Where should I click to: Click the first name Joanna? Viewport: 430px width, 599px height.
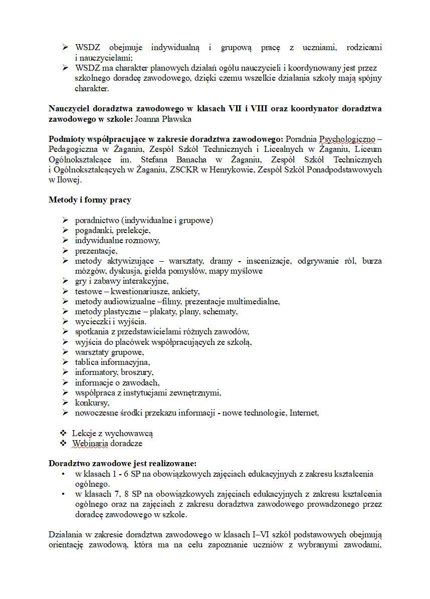(x=148, y=120)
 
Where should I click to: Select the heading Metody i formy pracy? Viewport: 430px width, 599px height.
(x=90, y=200)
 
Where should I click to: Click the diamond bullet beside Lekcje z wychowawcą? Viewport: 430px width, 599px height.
(x=63, y=433)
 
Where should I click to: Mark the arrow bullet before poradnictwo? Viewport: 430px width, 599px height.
(x=65, y=220)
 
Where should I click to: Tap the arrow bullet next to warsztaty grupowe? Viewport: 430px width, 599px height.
(x=65, y=352)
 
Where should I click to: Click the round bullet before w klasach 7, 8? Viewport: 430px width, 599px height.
(x=63, y=494)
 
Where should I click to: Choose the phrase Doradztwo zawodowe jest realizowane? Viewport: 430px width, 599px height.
(x=122, y=463)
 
